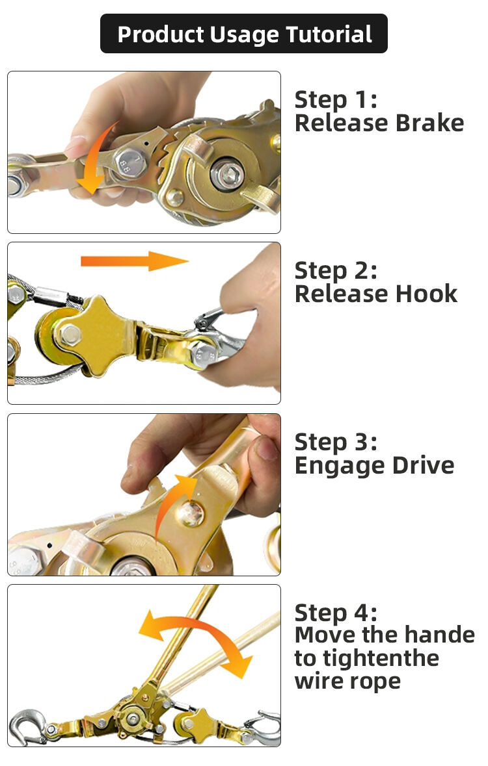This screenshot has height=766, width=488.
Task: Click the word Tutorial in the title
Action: point(329,34)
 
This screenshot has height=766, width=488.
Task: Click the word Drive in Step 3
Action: point(424,465)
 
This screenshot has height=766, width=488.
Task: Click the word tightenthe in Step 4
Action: point(367,658)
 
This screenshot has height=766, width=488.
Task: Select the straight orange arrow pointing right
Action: point(135,261)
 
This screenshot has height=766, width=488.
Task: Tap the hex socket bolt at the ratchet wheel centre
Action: point(228,173)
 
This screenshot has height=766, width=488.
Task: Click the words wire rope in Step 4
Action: point(348,681)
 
